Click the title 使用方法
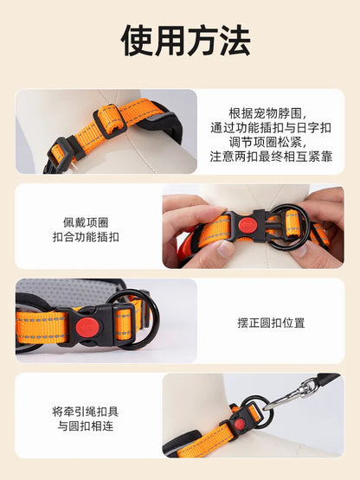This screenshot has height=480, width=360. point(186,41)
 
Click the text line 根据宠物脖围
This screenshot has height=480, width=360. point(267,113)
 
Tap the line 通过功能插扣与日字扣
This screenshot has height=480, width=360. point(271,128)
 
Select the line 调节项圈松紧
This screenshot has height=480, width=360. point(267,142)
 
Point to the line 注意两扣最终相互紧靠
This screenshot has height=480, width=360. point(271,157)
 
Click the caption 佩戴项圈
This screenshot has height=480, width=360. point(86,222)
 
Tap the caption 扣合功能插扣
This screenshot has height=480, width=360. point(86,237)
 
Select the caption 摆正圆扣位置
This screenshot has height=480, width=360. point(271,323)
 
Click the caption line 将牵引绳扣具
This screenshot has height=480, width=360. point(86,412)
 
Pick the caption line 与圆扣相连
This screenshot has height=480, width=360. point(86,426)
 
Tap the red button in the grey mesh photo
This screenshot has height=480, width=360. point(87,327)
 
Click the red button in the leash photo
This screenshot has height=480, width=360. point(240,425)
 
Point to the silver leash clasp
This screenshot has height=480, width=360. point(292,393)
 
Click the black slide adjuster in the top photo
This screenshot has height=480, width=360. point(110,122)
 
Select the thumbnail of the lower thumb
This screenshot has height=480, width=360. point(226,249)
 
